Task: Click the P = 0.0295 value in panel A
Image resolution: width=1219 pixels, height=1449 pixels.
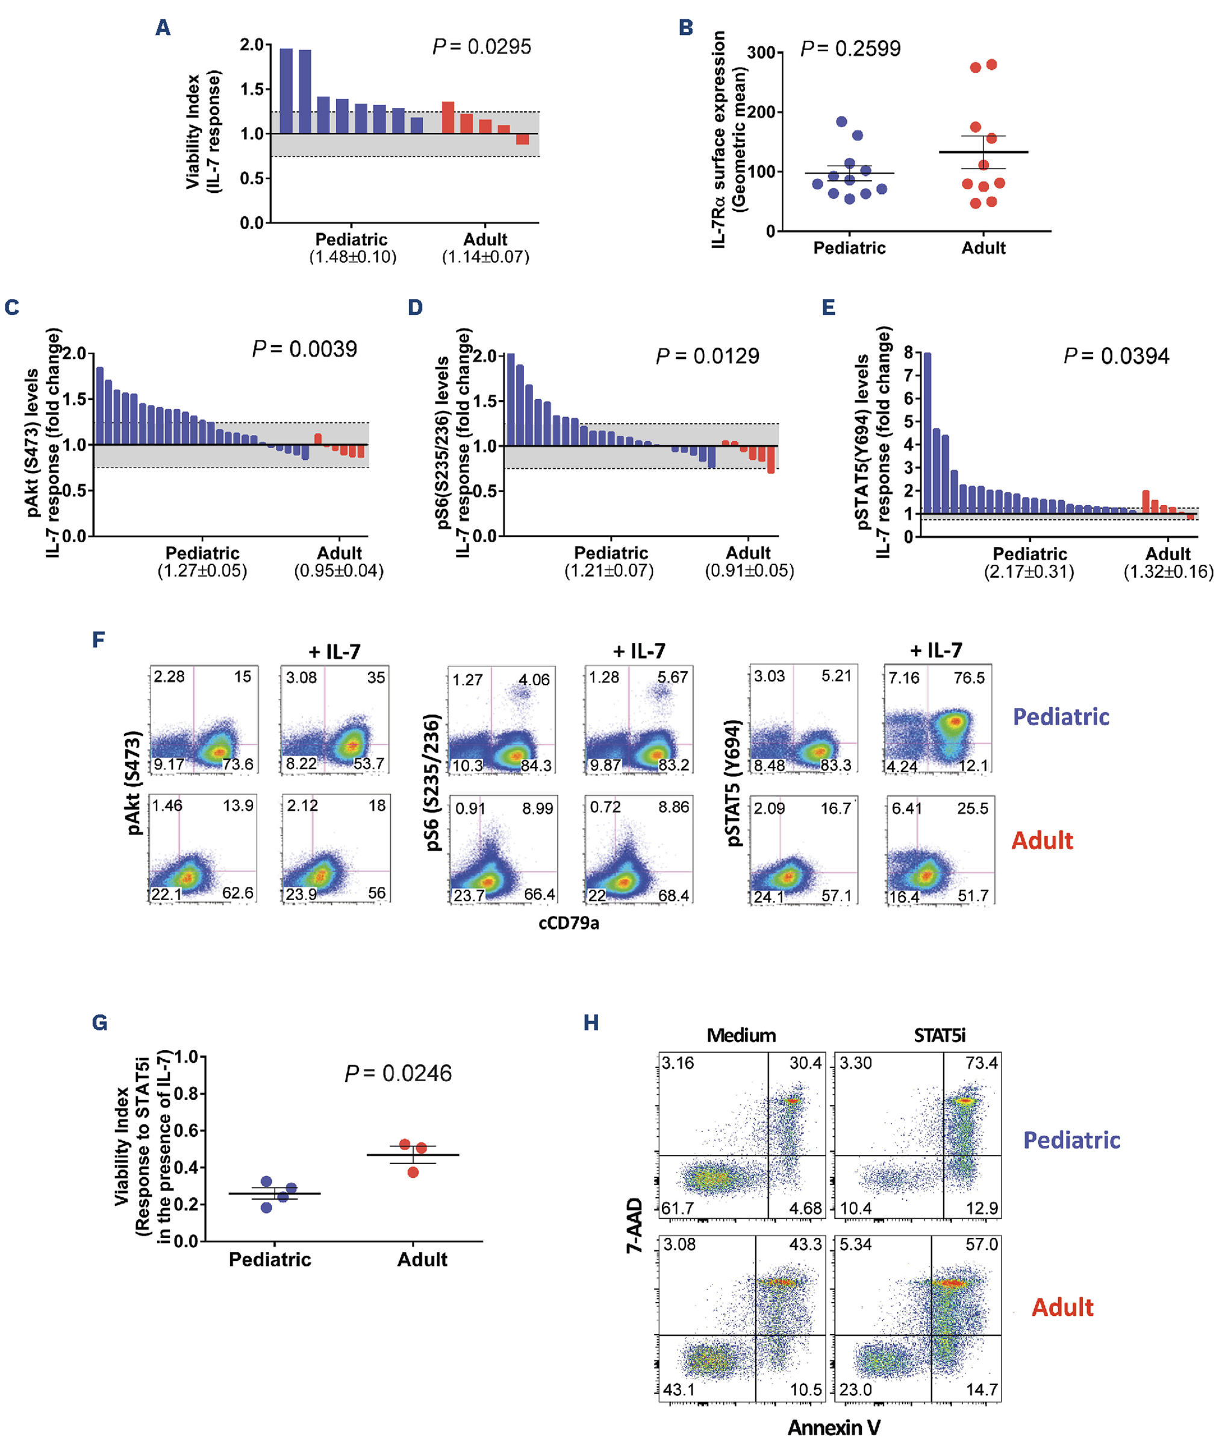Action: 482,47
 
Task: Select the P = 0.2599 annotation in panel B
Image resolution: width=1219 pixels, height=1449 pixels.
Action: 850,49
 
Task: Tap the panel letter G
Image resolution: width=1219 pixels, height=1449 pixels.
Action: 99,1022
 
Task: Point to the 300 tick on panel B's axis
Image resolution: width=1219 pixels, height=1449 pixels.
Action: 761,52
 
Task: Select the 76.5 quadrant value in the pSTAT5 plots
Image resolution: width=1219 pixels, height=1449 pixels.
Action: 969,678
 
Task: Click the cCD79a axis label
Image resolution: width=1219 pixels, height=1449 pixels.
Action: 569,924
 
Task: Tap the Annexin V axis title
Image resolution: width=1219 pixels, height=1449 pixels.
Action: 834,1427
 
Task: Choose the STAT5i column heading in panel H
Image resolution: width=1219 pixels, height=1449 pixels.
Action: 939,1036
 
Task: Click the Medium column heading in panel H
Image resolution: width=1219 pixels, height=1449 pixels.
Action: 741,1036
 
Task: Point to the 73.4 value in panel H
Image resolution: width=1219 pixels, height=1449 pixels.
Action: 981,1063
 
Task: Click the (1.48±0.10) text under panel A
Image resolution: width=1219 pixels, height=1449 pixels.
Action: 352,257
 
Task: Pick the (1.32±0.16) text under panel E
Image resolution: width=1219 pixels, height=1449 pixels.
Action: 1168,572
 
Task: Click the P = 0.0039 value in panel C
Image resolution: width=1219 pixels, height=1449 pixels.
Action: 305,349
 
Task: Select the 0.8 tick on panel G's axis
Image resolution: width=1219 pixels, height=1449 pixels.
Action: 186,1094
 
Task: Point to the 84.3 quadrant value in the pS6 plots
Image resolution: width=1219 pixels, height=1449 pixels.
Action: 535,766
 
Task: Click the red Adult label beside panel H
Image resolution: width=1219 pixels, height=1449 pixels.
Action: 1062,1307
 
